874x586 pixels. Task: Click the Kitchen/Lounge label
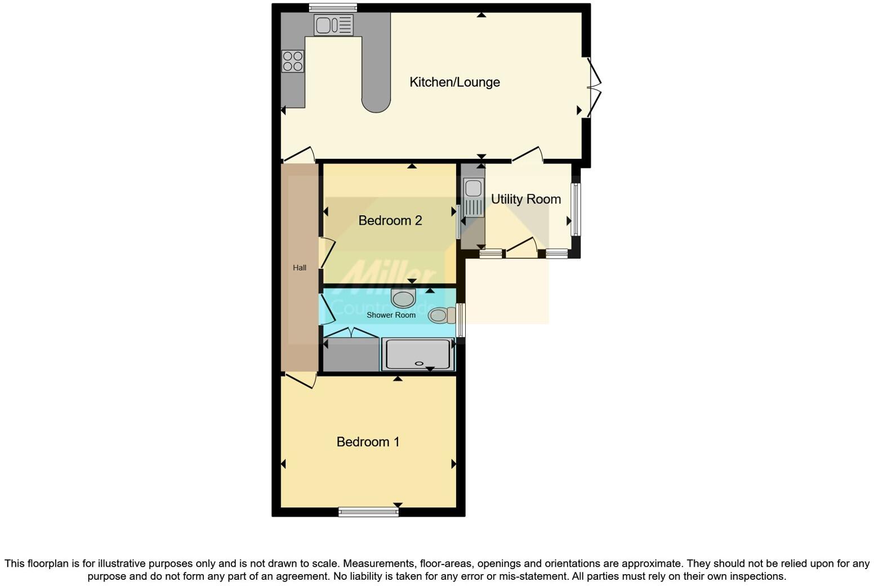454,82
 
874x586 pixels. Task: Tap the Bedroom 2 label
390,220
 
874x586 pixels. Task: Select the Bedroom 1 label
368,442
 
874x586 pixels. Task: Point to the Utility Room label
525,199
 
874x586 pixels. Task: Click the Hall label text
300,268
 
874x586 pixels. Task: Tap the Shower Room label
391,315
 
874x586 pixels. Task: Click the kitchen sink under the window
333,25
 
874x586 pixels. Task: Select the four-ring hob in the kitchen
293,61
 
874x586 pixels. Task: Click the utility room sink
473,197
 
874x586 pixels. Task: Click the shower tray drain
419,363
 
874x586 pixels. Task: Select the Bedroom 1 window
368,512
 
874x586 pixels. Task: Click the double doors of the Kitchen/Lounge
594,87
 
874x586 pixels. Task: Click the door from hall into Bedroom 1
300,380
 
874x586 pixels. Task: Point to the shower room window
461,320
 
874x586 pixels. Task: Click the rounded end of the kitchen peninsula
376,103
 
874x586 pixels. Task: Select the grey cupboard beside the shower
351,354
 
